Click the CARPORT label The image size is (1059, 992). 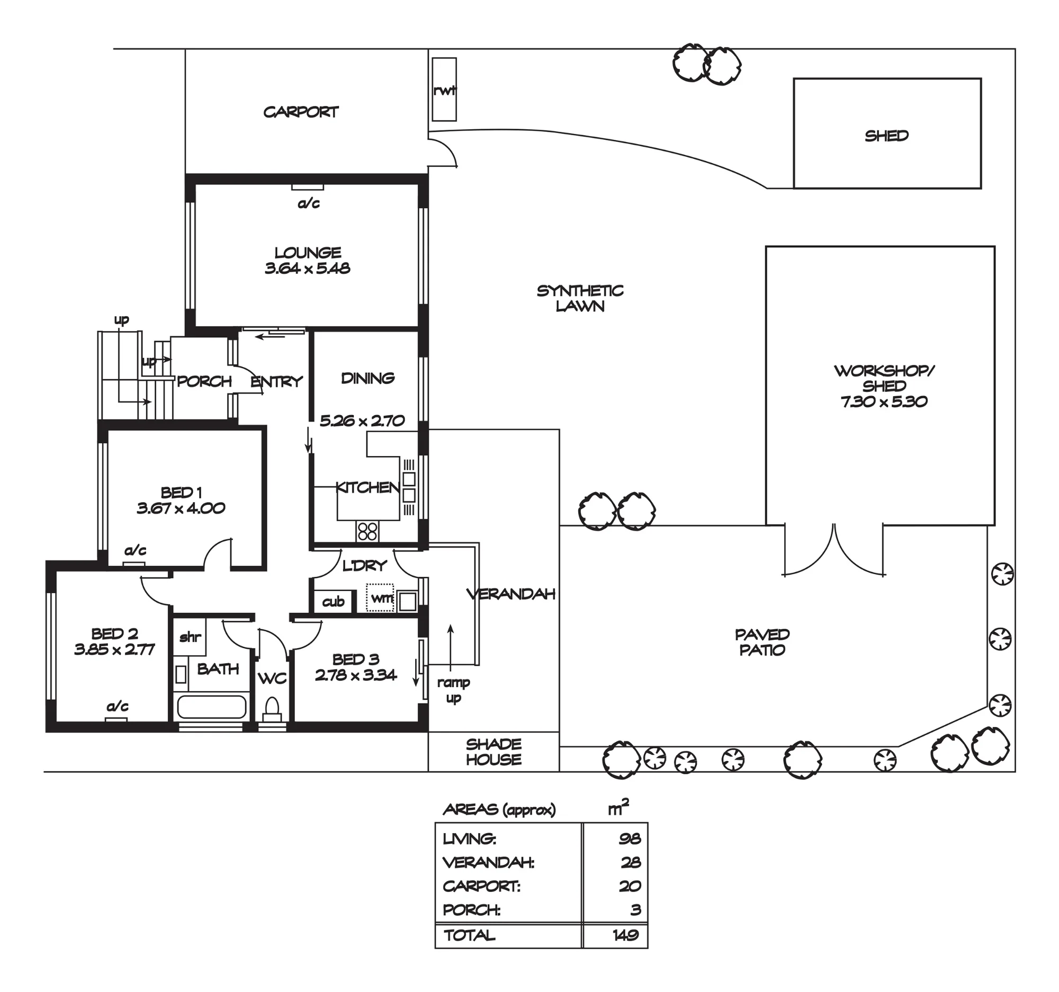click(x=301, y=112)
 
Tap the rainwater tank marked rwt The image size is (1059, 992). click(x=444, y=90)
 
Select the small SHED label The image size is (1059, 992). click(x=886, y=136)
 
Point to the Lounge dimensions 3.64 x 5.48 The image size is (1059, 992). click(x=308, y=268)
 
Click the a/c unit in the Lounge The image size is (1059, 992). click(x=307, y=187)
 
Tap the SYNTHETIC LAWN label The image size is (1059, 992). click(x=580, y=298)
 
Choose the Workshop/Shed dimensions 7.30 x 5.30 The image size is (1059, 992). click(x=884, y=401)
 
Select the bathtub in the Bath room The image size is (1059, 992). click(x=211, y=707)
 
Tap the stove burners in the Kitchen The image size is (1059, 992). click(x=367, y=531)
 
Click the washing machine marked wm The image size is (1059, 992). click(x=380, y=598)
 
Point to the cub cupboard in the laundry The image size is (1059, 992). click(x=333, y=602)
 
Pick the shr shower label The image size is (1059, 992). click(x=190, y=637)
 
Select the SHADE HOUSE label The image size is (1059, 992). click(x=494, y=752)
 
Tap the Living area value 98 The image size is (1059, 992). click(x=630, y=838)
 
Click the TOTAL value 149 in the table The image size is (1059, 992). click(x=626, y=935)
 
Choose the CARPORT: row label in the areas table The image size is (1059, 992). click(x=481, y=886)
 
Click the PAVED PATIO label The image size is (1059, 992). click(x=762, y=642)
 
